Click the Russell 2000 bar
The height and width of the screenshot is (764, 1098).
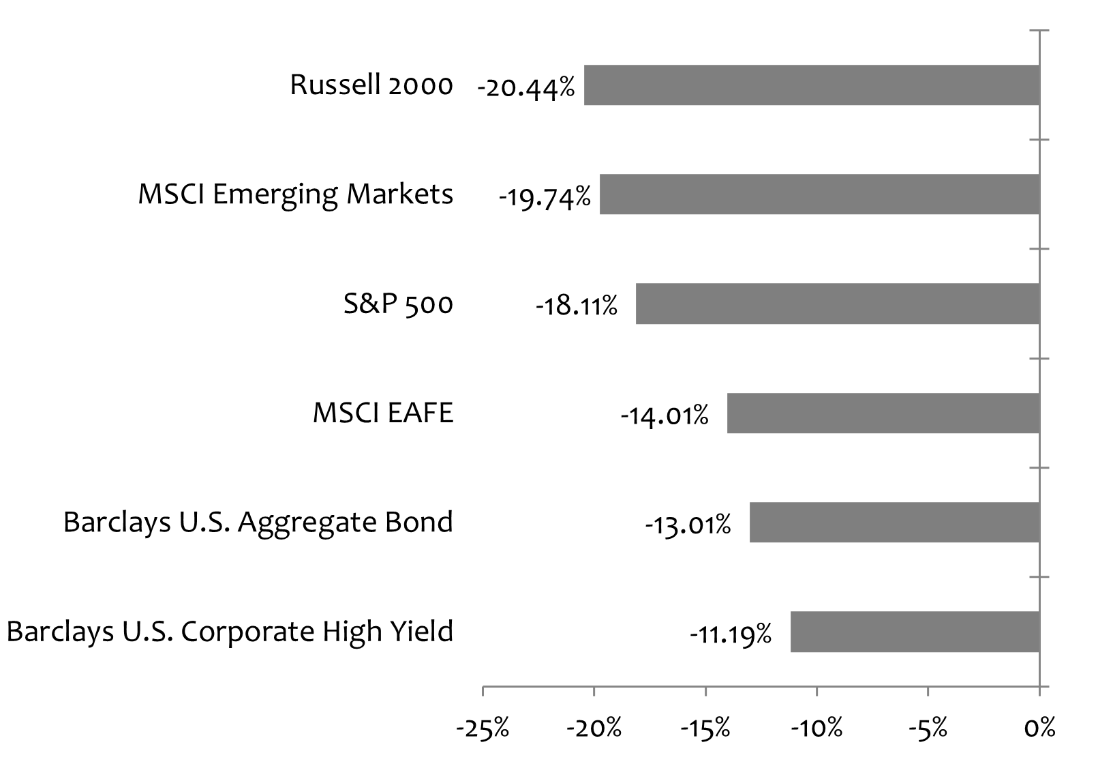pyautogui.click(x=811, y=85)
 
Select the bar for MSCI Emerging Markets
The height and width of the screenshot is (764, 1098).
pyautogui.click(x=819, y=194)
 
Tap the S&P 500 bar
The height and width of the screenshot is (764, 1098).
pyautogui.click(x=837, y=304)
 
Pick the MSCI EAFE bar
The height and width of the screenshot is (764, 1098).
pyautogui.click(x=883, y=413)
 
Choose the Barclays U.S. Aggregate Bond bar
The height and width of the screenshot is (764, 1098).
pyautogui.click(x=894, y=522)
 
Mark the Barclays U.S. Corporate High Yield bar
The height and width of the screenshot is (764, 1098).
pyautogui.click(x=915, y=631)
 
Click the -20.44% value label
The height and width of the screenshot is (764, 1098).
pyautogui.click(x=526, y=88)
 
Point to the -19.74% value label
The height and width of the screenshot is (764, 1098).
pyautogui.click(x=544, y=198)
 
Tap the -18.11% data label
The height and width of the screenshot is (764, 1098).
pyautogui.click(x=577, y=306)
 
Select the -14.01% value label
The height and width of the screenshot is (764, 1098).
pyautogui.click(x=664, y=415)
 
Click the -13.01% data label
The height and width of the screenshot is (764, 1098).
pyautogui.click(x=688, y=525)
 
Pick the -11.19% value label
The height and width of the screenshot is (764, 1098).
pyautogui.click(x=731, y=634)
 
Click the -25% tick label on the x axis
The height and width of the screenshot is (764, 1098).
pyautogui.click(x=483, y=728)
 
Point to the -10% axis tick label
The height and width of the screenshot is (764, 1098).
pyautogui.click(x=816, y=728)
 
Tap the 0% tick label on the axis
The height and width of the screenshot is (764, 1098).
pyautogui.click(x=1039, y=728)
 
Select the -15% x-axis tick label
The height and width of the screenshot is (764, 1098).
pyautogui.click(x=705, y=728)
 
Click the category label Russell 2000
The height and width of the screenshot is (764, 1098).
pyautogui.click(x=371, y=85)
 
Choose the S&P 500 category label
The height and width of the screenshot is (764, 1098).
pyautogui.click(x=398, y=304)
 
